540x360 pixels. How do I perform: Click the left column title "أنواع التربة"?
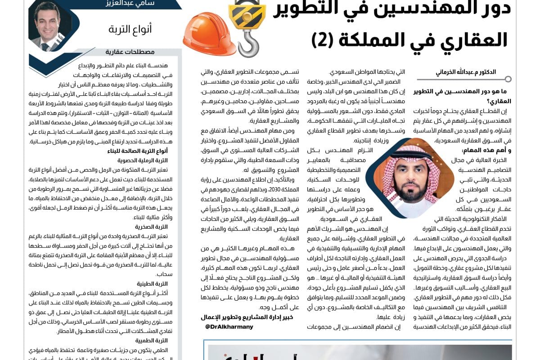tap(130, 30)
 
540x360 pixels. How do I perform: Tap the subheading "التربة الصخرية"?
tap(152, 227)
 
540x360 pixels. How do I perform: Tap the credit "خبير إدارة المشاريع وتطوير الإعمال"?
tap(247, 318)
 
